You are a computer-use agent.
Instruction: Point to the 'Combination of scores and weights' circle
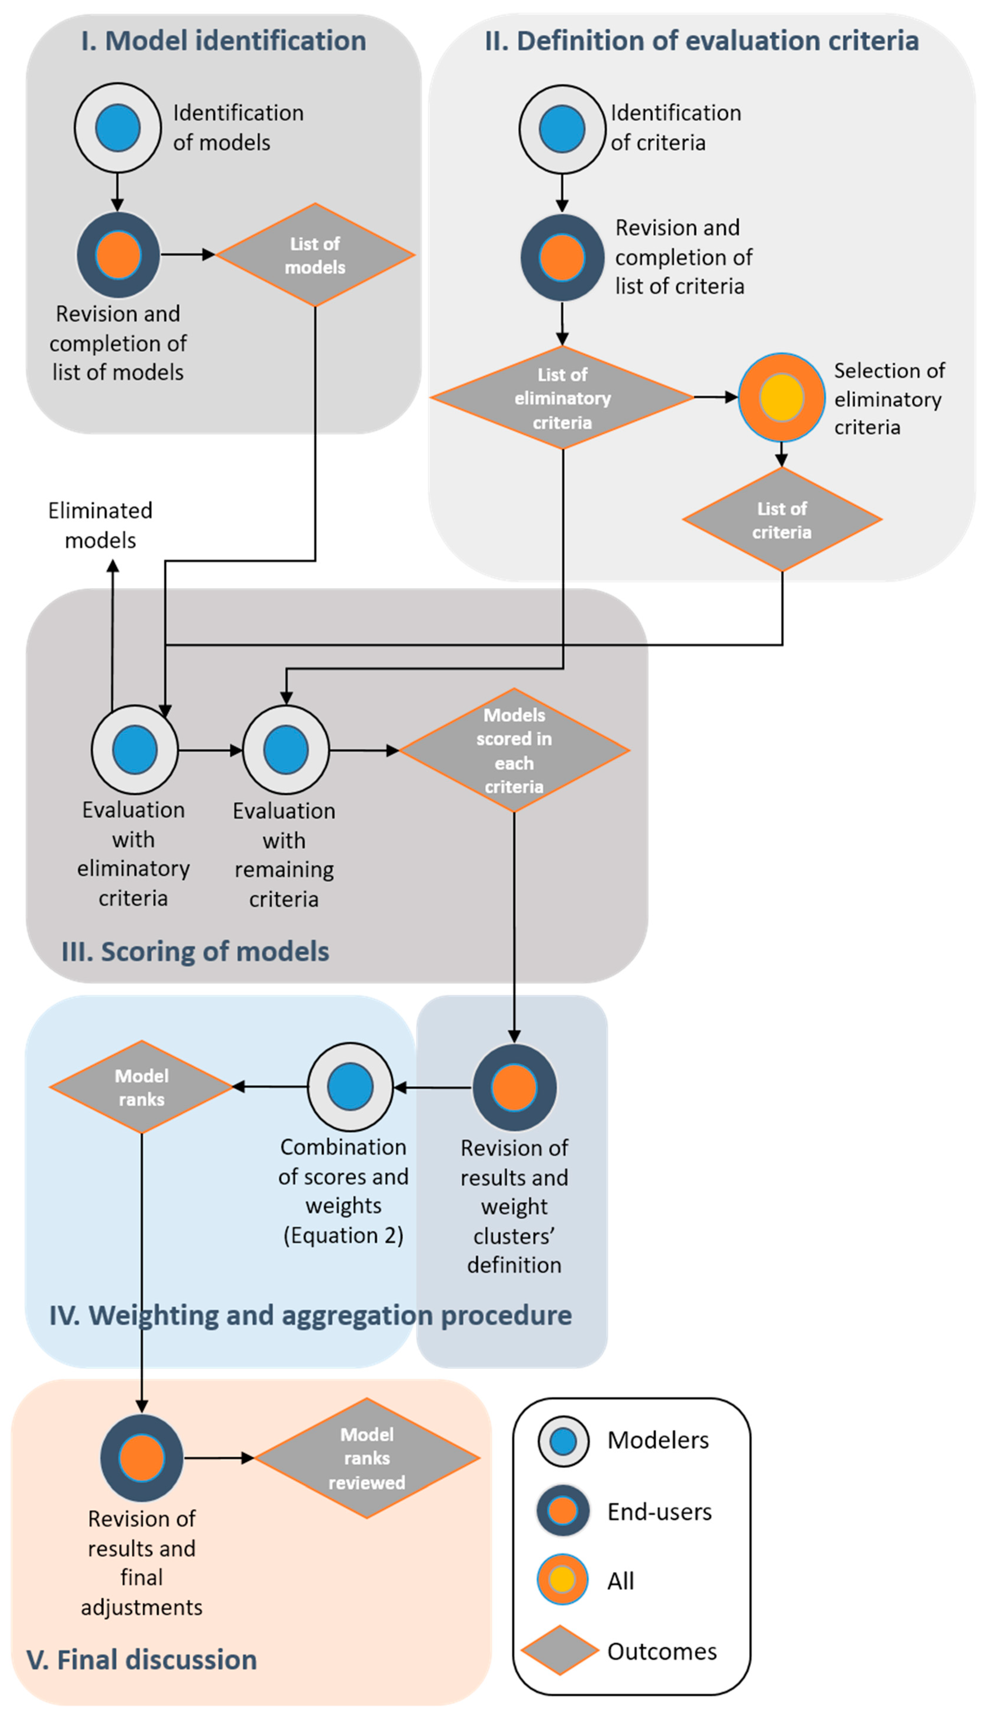point(350,1086)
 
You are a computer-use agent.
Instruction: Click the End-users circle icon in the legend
point(563,1511)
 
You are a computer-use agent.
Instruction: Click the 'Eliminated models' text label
point(100,525)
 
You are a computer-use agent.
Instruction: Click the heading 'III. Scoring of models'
point(195,952)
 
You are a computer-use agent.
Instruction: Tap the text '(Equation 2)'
point(343,1235)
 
